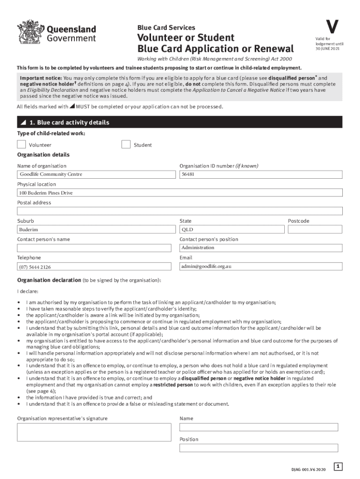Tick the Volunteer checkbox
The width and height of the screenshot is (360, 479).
(x=22, y=145)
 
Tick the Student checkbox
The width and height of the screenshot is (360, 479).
(x=126, y=145)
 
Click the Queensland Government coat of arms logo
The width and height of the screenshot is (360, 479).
(x=29, y=32)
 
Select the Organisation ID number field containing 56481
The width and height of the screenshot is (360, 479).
(x=261, y=174)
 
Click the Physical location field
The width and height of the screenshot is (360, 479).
(x=180, y=193)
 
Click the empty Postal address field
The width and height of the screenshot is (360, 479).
(x=180, y=211)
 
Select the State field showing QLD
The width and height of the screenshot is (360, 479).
(x=232, y=230)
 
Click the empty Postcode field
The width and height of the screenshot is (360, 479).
(x=315, y=230)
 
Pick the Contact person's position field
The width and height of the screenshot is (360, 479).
(x=261, y=248)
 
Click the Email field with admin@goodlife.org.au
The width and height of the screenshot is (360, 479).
(x=261, y=266)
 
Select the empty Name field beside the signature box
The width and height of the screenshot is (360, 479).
(x=259, y=427)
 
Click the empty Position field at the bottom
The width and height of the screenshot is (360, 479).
(x=259, y=448)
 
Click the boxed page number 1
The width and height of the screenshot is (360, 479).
(x=338, y=466)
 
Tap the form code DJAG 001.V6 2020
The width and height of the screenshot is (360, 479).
(x=308, y=469)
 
